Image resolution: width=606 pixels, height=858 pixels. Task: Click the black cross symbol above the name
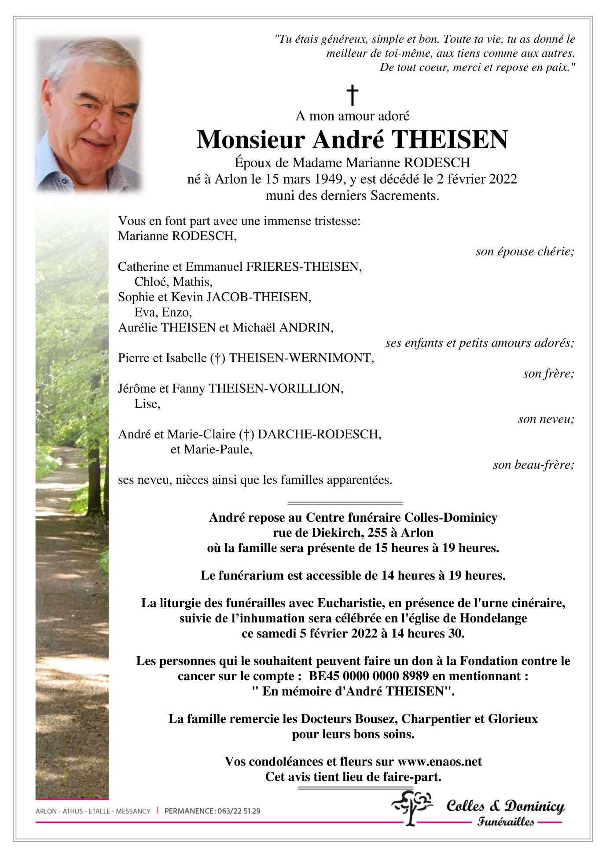point(352,95)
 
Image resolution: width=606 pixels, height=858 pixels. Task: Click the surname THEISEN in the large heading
point(449,140)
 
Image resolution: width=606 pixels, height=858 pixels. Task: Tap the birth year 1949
point(328,179)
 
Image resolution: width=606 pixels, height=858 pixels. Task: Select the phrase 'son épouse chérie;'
point(525,251)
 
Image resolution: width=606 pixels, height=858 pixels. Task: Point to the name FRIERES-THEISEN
point(303,267)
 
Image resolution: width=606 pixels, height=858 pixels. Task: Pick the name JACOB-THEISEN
point(259,297)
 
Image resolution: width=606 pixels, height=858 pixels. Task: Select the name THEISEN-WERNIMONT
point(301,358)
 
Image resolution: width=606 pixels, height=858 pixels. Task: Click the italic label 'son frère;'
point(548,374)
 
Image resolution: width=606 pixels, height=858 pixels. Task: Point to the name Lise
point(147,404)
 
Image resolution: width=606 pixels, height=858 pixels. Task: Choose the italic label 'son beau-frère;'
point(533,465)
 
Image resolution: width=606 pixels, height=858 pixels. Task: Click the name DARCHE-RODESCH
point(319,435)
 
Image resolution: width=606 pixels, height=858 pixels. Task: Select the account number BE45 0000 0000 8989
point(369,676)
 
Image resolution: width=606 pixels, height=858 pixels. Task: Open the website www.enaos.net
point(439,762)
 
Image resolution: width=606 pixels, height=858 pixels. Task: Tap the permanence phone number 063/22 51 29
point(238,811)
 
